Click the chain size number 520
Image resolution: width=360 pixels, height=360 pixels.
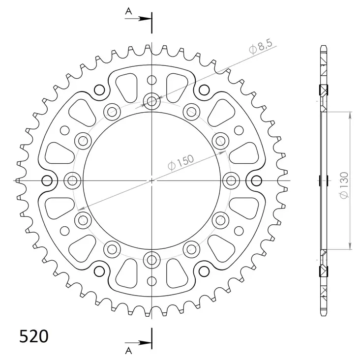33,336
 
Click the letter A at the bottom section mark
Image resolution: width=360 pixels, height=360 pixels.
128,350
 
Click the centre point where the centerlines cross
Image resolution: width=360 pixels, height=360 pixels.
151,180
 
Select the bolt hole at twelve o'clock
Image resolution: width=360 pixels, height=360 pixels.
151,102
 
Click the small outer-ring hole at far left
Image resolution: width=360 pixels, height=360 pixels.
48,180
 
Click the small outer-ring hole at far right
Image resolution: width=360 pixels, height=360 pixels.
256,180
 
